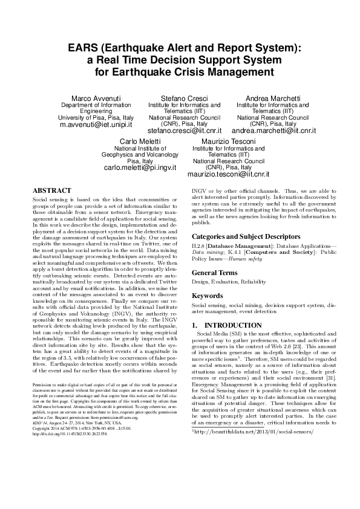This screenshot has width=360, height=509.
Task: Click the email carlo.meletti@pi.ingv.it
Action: click(x=140, y=167)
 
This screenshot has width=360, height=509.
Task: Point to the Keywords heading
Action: click(x=208, y=296)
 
